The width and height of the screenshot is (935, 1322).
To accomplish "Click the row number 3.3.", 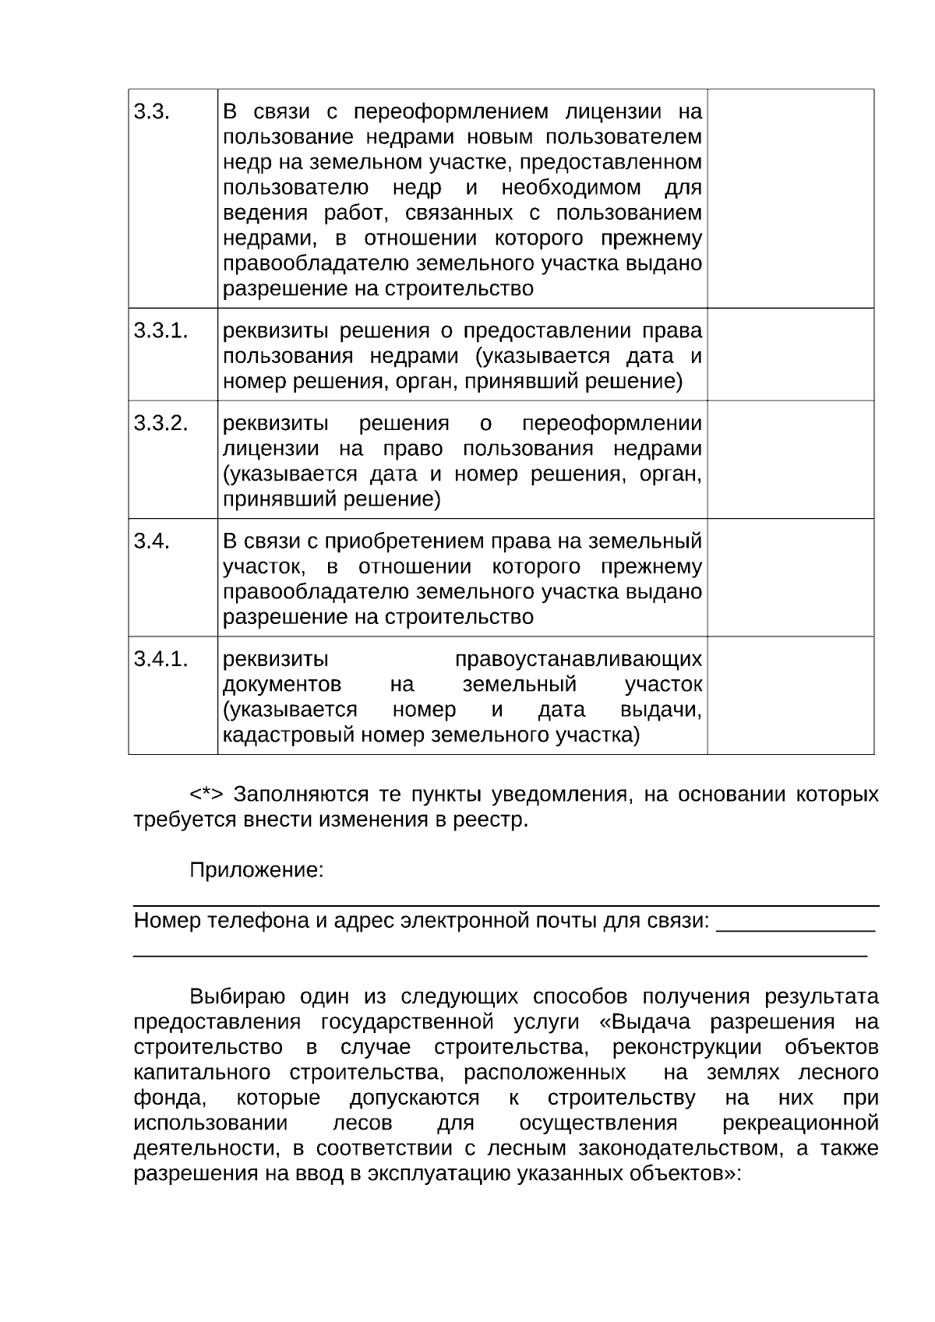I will (151, 111).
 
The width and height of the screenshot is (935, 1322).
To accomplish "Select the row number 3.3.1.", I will (161, 330).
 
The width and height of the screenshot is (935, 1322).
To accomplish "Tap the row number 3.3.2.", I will (161, 423).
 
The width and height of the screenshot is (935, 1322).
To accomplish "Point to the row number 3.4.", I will (151, 541).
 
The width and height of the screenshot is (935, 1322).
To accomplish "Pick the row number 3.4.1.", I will (161, 659).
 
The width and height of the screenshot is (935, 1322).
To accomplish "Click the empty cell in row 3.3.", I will (790, 199).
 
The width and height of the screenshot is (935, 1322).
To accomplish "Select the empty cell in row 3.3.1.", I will (790, 354).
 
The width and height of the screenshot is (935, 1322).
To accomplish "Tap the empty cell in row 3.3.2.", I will (790, 460).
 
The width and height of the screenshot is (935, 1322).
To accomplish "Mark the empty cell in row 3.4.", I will (790, 577).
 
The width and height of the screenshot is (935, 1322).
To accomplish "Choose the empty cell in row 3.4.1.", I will (790, 696).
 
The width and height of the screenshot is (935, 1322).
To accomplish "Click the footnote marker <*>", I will (206, 794).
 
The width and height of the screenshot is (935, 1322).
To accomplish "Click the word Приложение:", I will (256, 870).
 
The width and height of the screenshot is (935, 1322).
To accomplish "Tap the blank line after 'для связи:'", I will (795, 923).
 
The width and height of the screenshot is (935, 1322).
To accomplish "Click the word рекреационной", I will (800, 1123).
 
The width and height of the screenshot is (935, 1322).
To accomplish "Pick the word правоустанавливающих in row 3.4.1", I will (577, 659).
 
